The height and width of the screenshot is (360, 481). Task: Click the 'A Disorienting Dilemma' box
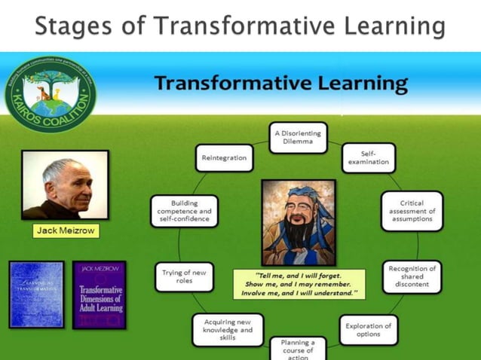click(298, 138)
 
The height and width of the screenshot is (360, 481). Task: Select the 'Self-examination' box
click(369, 157)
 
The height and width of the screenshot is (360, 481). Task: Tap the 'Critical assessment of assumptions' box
click(412, 211)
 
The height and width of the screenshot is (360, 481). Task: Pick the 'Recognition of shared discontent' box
click(412, 276)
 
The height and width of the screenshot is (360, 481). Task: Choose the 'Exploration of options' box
click(368, 330)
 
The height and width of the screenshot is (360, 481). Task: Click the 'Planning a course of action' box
click(298, 349)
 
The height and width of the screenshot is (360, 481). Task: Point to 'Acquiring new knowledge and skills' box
click(228, 330)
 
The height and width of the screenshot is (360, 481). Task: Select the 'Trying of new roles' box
click(184, 276)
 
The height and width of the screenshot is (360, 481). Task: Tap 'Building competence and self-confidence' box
click(184, 211)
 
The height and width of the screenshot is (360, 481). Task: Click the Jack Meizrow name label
click(66, 230)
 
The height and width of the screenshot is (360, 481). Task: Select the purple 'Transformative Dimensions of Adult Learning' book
click(100, 294)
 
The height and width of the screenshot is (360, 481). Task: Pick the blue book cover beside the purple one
click(36, 294)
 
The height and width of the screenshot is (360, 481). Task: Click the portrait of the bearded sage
click(299, 222)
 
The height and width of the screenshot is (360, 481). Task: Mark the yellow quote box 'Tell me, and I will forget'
click(299, 284)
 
